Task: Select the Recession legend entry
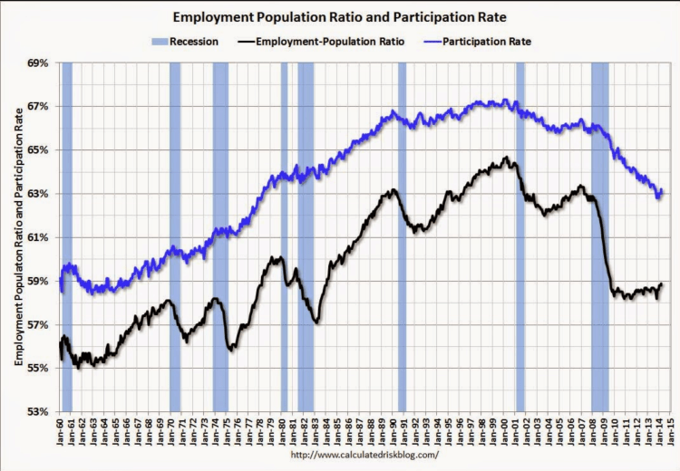[x=190, y=40]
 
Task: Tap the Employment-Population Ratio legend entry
[x=322, y=40]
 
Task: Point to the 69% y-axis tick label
[x=36, y=63]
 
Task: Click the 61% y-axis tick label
[x=36, y=237]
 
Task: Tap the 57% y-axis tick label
[x=36, y=324]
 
